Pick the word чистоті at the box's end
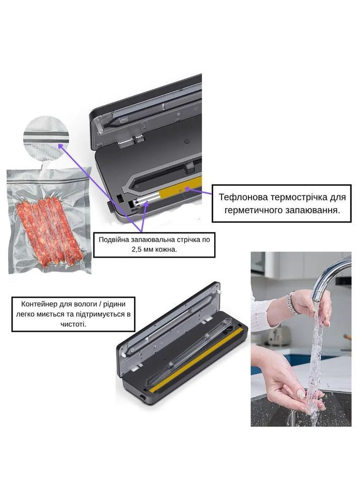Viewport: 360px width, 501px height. [73, 324]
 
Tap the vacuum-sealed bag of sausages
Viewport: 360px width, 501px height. [48, 221]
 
